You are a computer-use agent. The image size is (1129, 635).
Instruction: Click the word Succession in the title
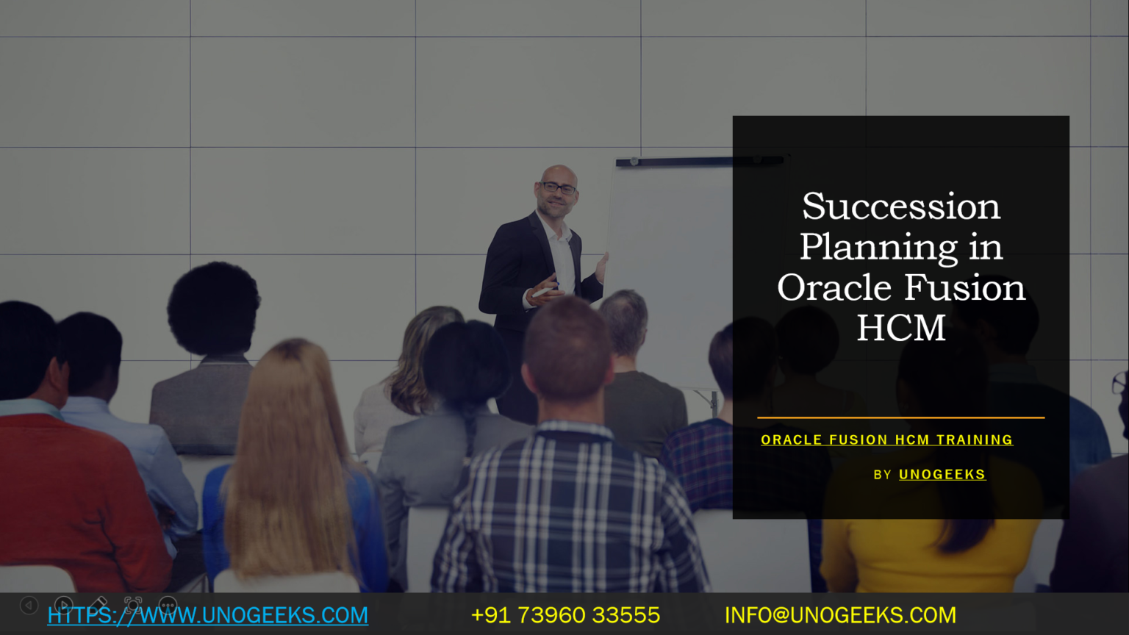click(900, 207)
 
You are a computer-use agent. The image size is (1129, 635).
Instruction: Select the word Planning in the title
click(878, 247)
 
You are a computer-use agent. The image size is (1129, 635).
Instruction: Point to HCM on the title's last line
click(900, 328)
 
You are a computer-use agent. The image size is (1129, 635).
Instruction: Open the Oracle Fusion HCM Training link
click(886, 440)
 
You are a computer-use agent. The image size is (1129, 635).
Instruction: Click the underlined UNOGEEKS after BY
click(942, 475)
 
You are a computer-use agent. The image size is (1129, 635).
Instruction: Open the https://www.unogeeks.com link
click(208, 615)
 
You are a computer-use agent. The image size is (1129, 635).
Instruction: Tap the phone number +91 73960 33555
click(565, 615)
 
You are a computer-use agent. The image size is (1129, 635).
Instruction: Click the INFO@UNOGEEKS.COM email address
click(840, 615)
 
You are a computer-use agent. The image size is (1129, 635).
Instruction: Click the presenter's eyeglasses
click(559, 188)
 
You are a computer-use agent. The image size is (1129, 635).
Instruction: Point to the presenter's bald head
click(559, 173)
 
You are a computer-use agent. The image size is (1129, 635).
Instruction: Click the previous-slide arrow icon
click(29, 605)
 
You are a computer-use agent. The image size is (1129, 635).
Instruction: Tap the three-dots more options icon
click(168, 606)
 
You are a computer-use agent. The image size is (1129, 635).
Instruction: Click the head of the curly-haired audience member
click(213, 309)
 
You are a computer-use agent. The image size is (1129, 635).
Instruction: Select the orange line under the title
click(900, 417)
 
